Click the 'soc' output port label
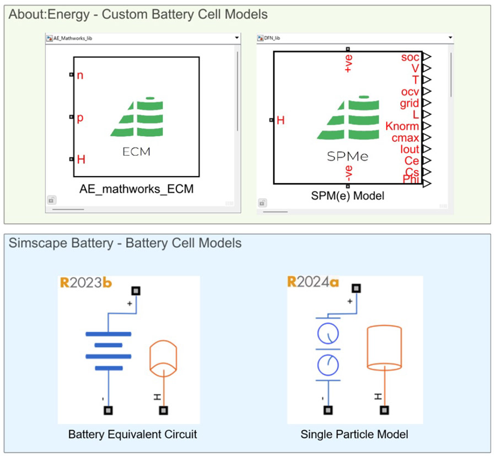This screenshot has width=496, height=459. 410,57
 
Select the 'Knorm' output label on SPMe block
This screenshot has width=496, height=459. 402,126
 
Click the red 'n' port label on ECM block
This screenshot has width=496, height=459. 80,75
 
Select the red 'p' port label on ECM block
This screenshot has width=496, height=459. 80,118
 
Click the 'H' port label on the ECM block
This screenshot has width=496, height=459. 81,160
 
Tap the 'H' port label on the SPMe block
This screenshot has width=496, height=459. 281,120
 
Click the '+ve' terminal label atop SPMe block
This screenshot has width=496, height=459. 348,63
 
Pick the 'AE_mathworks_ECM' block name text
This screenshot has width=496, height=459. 137,189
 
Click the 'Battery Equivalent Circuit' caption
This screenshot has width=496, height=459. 132,434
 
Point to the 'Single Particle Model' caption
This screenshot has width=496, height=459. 354,434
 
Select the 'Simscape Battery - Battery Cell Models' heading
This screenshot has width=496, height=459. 125,243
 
